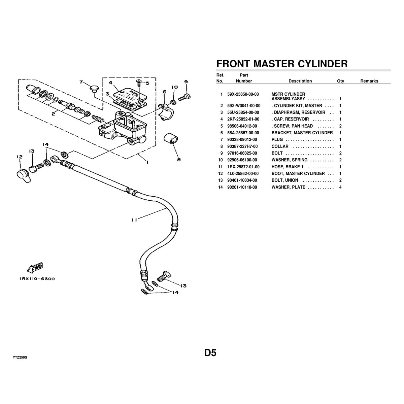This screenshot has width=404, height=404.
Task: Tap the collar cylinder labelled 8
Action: pos(171,139)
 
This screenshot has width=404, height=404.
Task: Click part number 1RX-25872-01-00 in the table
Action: pos(243,167)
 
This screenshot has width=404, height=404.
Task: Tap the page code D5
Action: pos(210,353)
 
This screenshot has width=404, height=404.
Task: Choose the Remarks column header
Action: pos(369,81)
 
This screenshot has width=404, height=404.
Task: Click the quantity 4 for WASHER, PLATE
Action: pos(340,187)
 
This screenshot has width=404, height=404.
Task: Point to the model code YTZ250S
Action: pos(20,357)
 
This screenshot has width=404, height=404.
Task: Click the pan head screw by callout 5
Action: pos(139,82)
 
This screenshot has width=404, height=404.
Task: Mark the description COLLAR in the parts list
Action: pos(280,146)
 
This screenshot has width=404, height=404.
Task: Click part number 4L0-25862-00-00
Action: pos(243,174)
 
